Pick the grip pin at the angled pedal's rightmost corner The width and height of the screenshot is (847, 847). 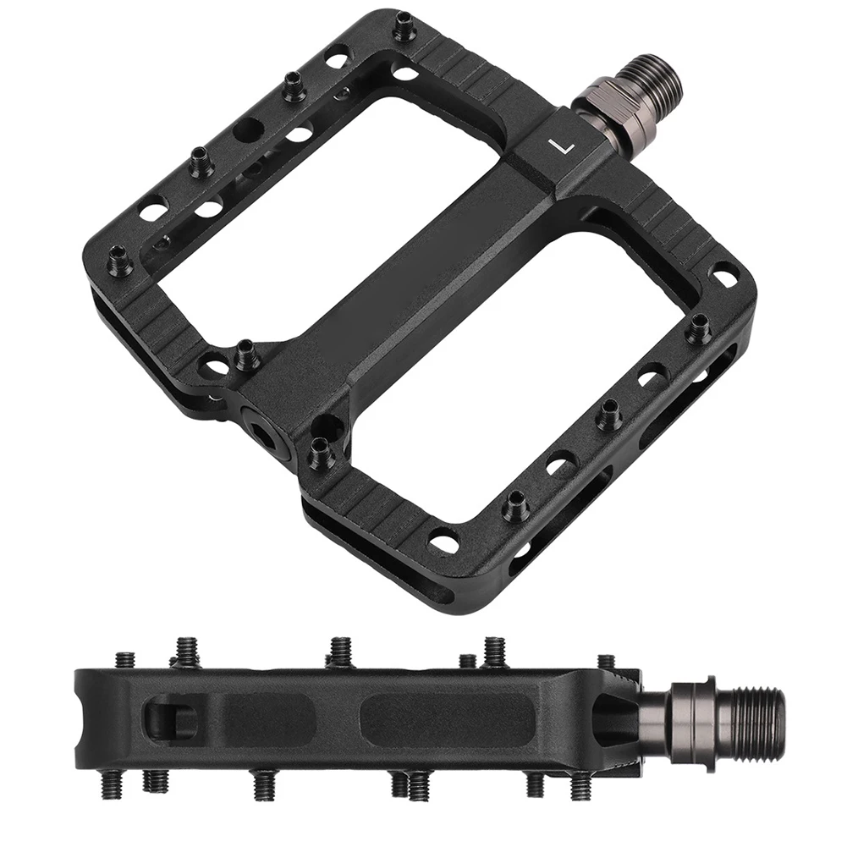pyautogui.click(x=699, y=328)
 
